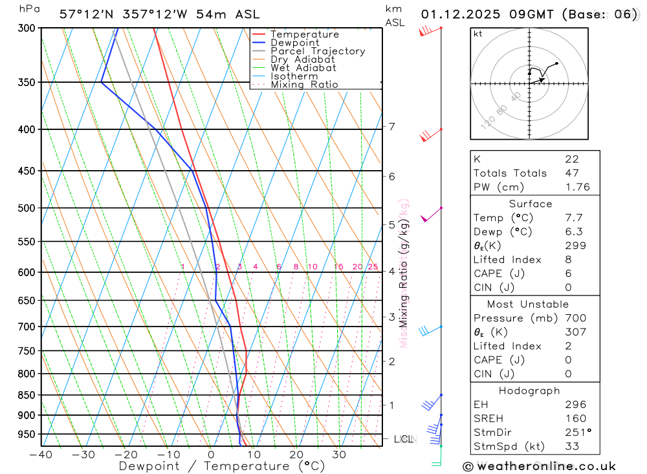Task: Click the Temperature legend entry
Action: point(304,34)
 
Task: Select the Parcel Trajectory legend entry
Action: point(318,51)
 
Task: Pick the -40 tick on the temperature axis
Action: point(41,455)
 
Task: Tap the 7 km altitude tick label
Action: point(392,127)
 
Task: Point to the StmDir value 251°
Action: point(578,433)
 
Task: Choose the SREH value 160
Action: point(575,418)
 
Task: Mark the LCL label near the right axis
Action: point(403,439)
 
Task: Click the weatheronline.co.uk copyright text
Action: point(539,466)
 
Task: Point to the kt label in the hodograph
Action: point(477,34)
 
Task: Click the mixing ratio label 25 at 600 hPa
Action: point(373,267)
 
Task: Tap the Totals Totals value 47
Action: point(572,173)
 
